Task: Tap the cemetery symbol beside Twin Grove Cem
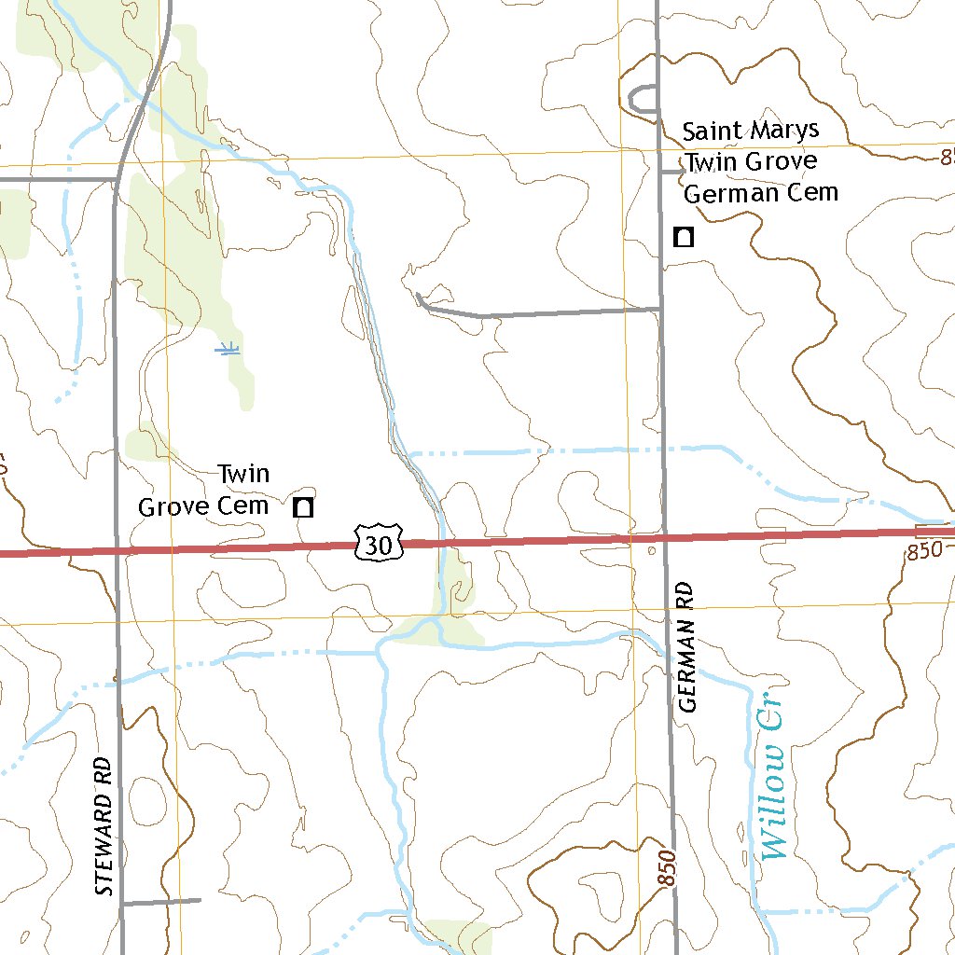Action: [x=303, y=507]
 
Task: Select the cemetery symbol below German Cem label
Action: [x=684, y=237]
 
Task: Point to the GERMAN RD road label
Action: [x=688, y=647]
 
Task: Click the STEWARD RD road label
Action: [x=104, y=826]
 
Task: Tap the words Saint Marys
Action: [x=750, y=131]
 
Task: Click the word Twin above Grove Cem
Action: [x=243, y=474]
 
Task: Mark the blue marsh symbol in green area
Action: [x=227, y=349]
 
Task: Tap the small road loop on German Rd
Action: [x=643, y=100]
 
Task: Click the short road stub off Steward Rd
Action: [x=160, y=902]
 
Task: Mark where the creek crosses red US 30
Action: [x=442, y=543]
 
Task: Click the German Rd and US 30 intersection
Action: [x=665, y=538]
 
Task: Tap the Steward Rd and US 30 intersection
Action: [x=117, y=550]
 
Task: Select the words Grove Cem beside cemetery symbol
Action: [x=203, y=506]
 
